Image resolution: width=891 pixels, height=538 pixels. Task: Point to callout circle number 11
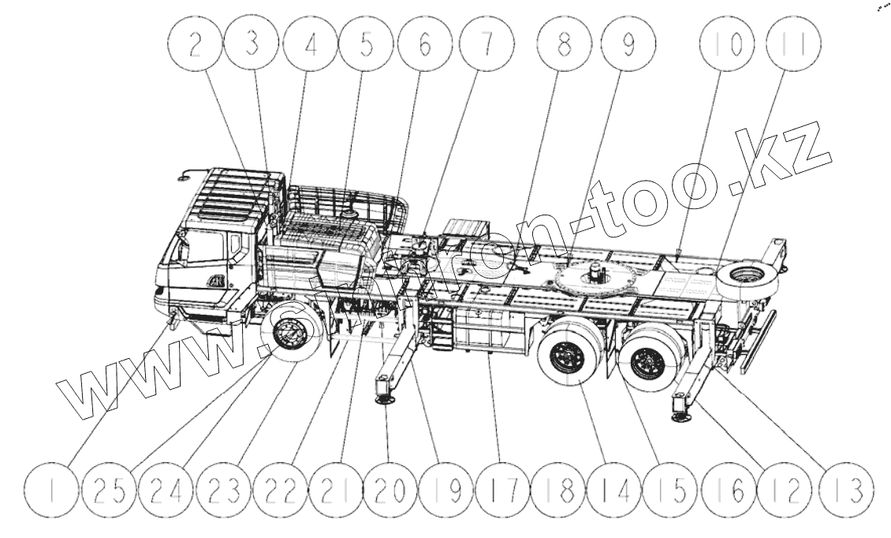point(794,44)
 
